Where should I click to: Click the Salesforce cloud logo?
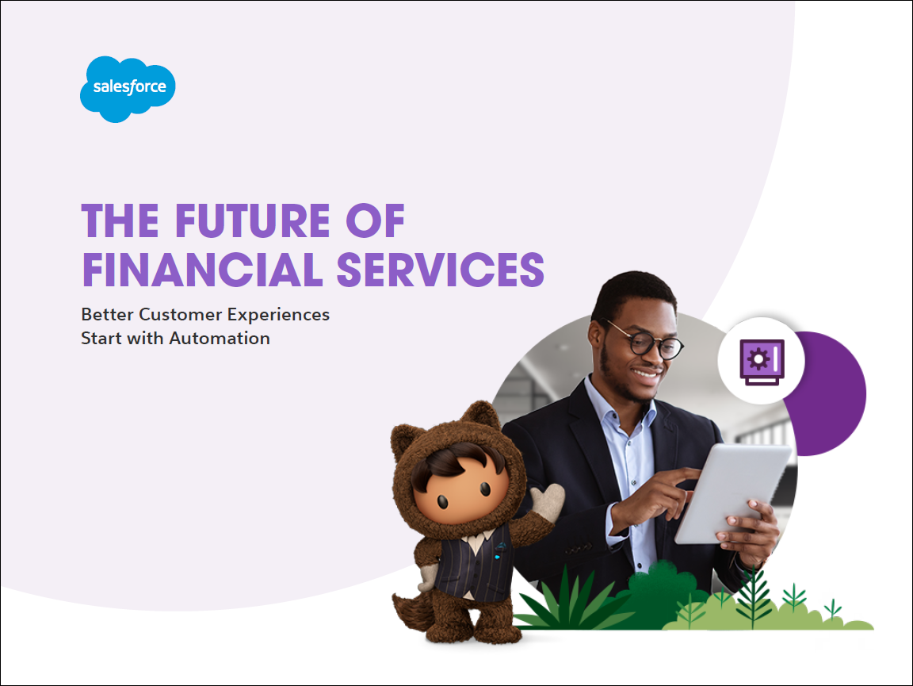click(x=128, y=89)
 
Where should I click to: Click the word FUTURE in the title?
click(x=253, y=221)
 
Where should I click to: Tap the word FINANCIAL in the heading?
click(x=202, y=270)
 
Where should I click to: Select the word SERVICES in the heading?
click(x=440, y=270)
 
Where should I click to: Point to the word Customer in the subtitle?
click(x=181, y=315)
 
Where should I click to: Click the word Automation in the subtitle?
click(x=220, y=339)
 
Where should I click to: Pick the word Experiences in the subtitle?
click(x=278, y=316)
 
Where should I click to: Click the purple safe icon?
click(x=762, y=362)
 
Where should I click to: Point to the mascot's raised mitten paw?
click(x=548, y=501)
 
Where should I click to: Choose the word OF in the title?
click(x=375, y=221)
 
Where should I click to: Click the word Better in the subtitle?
click(x=108, y=315)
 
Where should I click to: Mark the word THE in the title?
click(x=120, y=221)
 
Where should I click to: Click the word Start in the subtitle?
click(x=102, y=339)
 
